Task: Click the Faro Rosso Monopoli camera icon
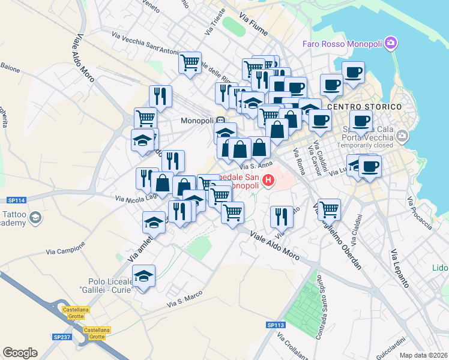click(x=391, y=43)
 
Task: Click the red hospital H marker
click(x=268, y=179)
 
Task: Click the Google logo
click(x=20, y=353)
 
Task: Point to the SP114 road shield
click(x=16, y=200)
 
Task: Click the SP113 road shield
click(x=276, y=325)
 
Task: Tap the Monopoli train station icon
click(x=221, y=120)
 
